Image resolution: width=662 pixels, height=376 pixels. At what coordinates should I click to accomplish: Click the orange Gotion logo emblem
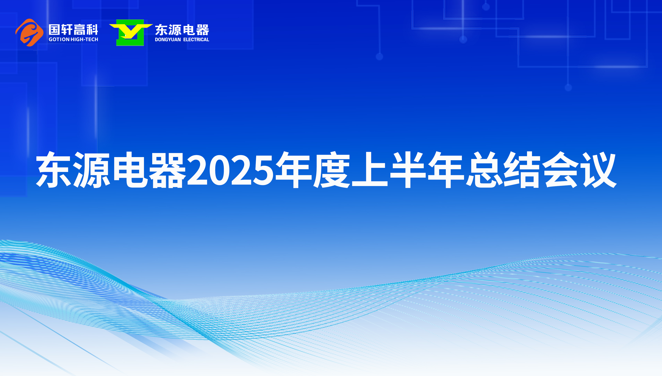[x=29, y=32]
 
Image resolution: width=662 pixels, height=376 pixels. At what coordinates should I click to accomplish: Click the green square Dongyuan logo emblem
[x=131, y=32]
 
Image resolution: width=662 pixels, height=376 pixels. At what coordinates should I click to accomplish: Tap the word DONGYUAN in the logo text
[x=168, y=40]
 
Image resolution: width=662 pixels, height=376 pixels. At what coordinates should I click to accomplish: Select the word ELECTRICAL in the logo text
[x=196, y=40]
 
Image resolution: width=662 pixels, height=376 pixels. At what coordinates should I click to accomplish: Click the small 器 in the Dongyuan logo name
[x=202, y=30]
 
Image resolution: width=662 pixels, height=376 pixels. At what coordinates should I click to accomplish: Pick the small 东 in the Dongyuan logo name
[x=161, y=30]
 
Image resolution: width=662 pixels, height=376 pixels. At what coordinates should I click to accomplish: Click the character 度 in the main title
[x=332, y=169]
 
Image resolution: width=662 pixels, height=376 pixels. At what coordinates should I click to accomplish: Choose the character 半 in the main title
[x=408, y=169]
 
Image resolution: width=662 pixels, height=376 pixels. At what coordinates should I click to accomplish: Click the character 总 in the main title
[x=484, y=169]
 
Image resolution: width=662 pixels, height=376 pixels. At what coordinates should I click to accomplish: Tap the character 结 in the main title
[x=522, y=169]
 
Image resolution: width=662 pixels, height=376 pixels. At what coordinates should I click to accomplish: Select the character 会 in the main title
[x=560, y=169]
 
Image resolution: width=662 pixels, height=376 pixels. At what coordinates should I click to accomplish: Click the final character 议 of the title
[x=598, y=169]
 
